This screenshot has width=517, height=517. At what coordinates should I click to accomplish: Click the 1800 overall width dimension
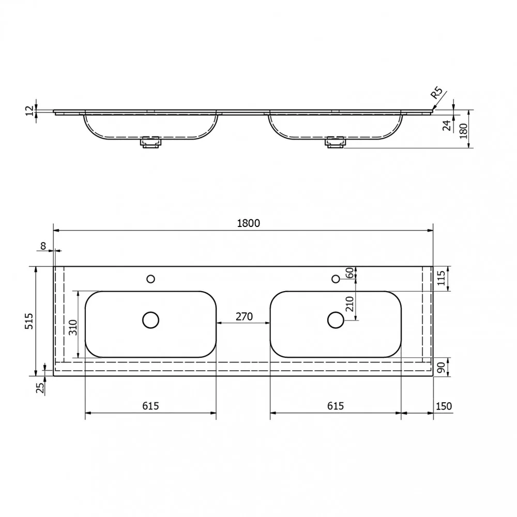tap(249, 223)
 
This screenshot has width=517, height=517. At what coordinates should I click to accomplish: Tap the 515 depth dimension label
tap(29, 321)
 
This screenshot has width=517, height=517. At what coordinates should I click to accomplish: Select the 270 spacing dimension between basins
tap(244, 316)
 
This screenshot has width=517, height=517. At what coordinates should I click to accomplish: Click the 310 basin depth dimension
tap(73, 327)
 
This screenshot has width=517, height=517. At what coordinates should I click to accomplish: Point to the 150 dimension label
tap(444, 406)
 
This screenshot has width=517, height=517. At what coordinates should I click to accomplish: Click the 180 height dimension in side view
tap(464, 131)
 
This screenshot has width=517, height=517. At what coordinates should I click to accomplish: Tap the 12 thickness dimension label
tap(30, 111)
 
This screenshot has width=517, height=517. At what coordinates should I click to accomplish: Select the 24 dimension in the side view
tap(447, 125)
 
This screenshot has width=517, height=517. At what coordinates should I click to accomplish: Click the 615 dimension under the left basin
tap(150, 406)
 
